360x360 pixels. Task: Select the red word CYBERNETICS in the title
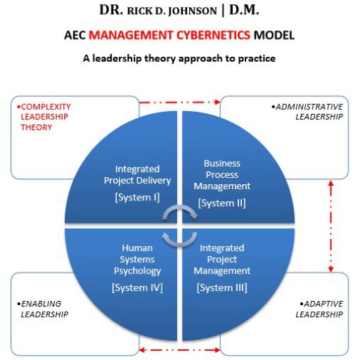213,35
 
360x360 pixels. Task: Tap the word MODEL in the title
274,35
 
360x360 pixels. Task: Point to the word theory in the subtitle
160,58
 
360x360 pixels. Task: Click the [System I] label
137,198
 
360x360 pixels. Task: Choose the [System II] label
222,203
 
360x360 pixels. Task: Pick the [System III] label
222,288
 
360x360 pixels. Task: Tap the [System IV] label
137,288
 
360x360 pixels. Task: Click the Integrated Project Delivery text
137,175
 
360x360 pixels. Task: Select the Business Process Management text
222,174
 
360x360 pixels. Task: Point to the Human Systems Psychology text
137,259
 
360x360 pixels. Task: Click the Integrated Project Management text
222,259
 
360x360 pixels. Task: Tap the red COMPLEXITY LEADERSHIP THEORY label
44,117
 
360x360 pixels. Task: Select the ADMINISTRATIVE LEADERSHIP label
307,112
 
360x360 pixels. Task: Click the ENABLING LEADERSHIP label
42,309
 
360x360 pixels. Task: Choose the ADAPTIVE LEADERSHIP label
319,309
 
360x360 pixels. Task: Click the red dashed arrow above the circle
180,102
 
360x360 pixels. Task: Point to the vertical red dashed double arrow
330,226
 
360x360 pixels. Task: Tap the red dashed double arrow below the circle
180,350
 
